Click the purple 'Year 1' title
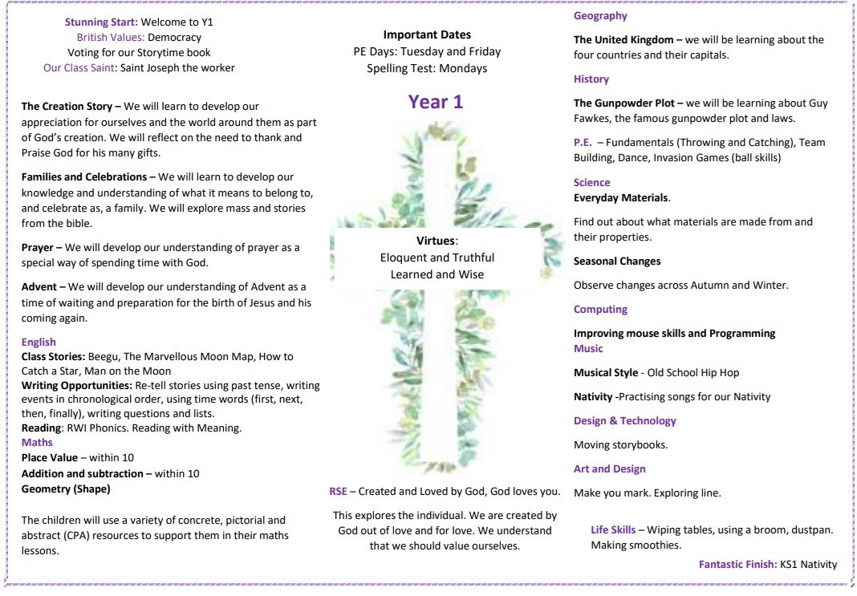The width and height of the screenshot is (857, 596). coord(435,102)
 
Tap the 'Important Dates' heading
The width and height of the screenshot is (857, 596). coord(427,34)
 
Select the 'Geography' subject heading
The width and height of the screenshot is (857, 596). coord(600,16)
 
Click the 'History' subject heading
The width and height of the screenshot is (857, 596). coord(591,79)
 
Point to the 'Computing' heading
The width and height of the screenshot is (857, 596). coord(600,310)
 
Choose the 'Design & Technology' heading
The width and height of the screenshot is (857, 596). coord(625,421)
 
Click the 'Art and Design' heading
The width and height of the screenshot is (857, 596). coord(610,469)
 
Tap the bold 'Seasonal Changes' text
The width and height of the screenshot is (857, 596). coord(617,262)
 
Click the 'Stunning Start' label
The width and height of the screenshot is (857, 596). coord(100,22)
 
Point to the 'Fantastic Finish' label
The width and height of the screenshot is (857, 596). coord(737,565)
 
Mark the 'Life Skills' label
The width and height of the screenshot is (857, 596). coord(613,530)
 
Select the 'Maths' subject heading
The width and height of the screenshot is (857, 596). coord(37,442)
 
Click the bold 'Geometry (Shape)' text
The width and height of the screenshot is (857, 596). coord(66,489)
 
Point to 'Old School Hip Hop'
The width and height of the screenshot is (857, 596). coord(693,373)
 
